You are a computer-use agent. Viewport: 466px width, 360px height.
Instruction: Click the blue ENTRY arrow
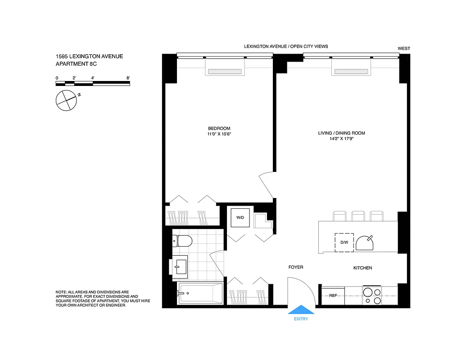click(x=301, y=310)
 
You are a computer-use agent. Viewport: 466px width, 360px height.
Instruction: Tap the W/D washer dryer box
click(x=240, y=217)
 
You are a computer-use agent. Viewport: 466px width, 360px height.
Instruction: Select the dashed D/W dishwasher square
click(x=344, y=242)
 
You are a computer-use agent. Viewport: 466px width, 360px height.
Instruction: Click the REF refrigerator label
click(x=333, y=296)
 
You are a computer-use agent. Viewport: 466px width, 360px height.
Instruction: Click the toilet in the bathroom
click(x=182, y=241)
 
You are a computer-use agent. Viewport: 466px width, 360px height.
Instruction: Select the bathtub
click(x=200, y=293)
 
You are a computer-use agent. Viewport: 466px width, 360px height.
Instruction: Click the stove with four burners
click(x=372, y=296)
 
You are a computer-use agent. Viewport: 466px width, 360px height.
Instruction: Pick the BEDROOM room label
click(x=219, y=128)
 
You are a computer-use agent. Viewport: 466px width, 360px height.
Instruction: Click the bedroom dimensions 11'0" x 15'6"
click(x=219, y=134)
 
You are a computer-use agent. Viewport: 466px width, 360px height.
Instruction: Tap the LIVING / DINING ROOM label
click(x=341, y=133)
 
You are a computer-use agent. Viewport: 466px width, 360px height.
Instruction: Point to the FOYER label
click(x=296, y=267)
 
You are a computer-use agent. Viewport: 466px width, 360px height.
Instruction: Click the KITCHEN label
click(x=362, y=268)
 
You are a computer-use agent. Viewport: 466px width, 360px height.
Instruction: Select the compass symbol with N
click(x=66, y=100)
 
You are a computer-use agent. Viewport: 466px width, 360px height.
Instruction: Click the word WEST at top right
click(x=404, y=49)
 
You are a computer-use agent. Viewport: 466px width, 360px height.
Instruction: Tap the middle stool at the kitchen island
click(x=358, y=216)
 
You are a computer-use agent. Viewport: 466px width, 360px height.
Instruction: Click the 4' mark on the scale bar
click(x=93, y=78)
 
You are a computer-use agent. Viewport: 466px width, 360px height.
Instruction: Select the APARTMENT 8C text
click(x=76, y=64)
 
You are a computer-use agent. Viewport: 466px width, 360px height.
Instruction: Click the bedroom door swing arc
click(x=266, y=182)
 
